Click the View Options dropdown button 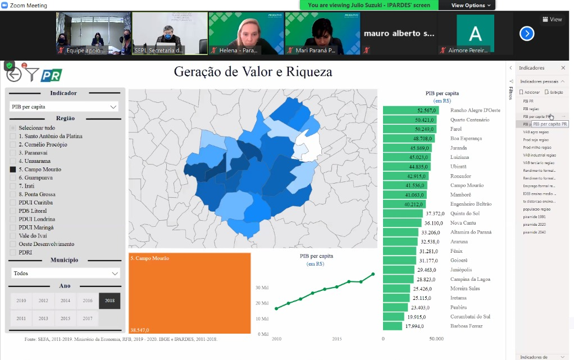click(x=471, y=5)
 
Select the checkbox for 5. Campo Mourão click(x=13, y=169)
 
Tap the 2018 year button click(x=110, y=301)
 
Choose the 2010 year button click(x=21, y=301)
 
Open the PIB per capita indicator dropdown click(x=65, y=107)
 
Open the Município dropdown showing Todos click(x=66, y=274)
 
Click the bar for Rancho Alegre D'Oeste click(x=413, y=110)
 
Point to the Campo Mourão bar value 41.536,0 click(x=405, y=185)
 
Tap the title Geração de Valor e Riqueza click(x=253, y=72)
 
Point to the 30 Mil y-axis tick click(x=262, y=288)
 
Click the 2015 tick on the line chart click(x=337, y=339)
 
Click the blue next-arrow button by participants click(x=526, y=34)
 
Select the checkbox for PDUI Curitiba click(x=13, y=202)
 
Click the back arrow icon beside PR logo click(x=13, y=74)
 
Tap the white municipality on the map click(x=310, y=144)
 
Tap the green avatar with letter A click(x=475, y=34)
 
